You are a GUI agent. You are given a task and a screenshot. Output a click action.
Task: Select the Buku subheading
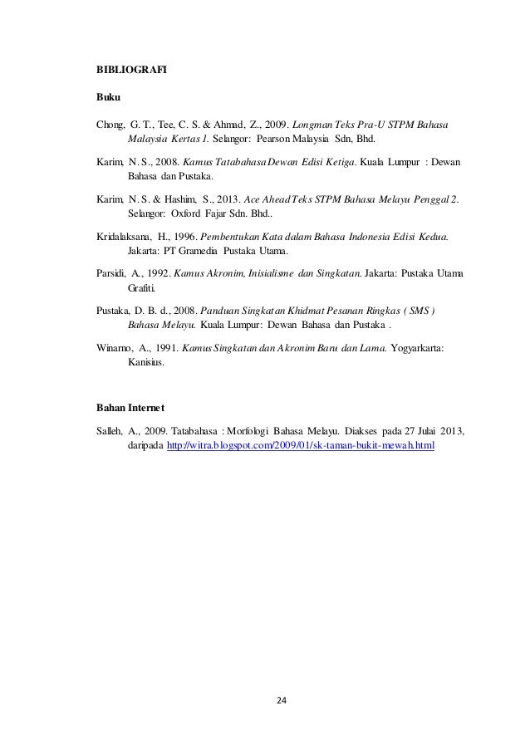tap(109, 98)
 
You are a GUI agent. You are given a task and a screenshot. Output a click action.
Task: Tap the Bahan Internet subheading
tap(131, 407)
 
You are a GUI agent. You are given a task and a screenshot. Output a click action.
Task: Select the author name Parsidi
tap(111, 272)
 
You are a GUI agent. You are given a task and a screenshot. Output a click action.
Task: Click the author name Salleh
tap(111, 433)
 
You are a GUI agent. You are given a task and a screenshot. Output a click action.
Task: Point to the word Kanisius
tap(146, 362)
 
